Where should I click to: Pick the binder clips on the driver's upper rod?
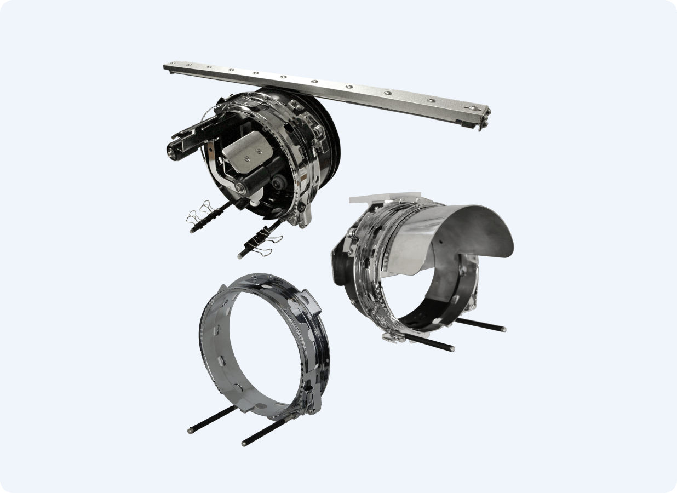(x=200, y=215)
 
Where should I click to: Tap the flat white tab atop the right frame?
(x=383, y=198)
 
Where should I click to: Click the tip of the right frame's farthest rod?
(x=502, y=329)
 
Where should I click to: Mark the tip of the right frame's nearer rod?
(x=451, y=348)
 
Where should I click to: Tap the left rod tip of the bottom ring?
(x=190, y=431)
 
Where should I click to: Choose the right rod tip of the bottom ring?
(x=244, y=443)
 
